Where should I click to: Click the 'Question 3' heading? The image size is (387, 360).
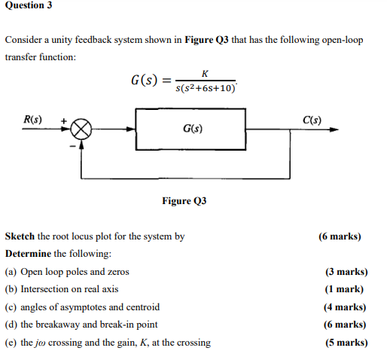pos(29,5)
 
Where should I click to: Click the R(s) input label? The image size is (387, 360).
pos(32,119)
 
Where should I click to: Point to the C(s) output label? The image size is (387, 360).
pos(312,120)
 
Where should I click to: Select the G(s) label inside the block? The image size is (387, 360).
pos(193,129)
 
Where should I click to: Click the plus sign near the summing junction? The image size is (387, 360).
pos(64,121)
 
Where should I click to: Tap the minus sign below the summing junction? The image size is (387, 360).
pos(72,146)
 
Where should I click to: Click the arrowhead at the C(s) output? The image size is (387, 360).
pos(334,130)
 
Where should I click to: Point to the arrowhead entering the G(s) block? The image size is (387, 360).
pos(131,130)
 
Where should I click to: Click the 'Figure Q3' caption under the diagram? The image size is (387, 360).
pos(184,201)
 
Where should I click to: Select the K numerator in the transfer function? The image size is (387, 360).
pos(205,74)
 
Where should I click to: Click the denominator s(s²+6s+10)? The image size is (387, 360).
pos(206,88)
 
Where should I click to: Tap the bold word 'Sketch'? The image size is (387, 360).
pos(20,236)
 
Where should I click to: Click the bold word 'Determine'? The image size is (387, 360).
pos(28,254)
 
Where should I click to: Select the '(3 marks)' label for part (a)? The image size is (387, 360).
pos(346,272)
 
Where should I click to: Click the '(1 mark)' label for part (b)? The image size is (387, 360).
pos(344,289)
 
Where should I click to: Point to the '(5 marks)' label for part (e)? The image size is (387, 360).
pos(346,343)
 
